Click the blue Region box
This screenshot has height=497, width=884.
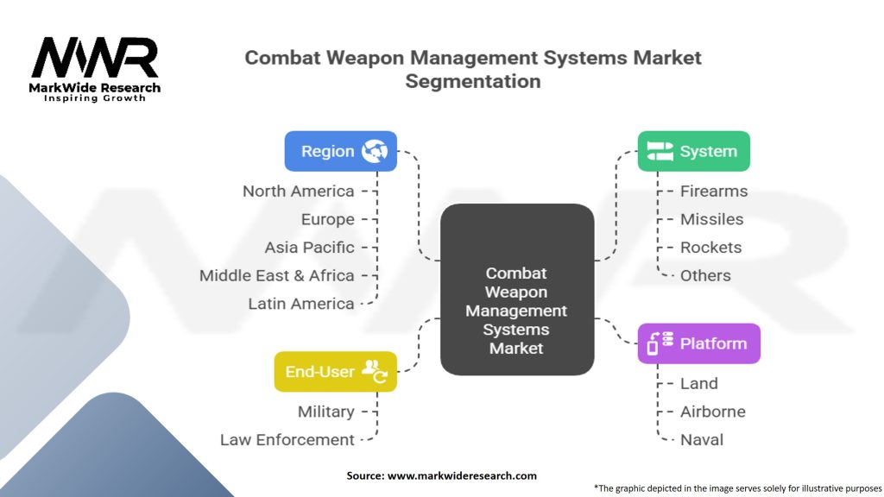tap(340, 151)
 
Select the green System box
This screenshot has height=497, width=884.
tap(693, 151)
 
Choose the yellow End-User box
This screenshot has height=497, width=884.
tap(335, 372)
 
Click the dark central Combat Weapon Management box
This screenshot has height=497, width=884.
tap(516, 289)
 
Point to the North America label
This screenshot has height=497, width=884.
tap(298, 191)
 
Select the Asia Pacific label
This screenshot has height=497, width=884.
tap(309, 248)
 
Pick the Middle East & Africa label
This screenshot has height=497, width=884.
tap(276, 275)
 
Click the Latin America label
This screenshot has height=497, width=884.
tap(300, 304)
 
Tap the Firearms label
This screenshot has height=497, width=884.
tap(713, 191)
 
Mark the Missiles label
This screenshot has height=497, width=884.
tap(711, 219)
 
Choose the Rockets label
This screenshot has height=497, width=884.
tap(710, 248)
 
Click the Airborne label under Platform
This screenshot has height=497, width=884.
tap(712, 412)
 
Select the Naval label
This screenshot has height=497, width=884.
tap(701, 440)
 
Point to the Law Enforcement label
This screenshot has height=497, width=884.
tap(287, 440)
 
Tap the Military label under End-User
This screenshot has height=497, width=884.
tap(325, 412)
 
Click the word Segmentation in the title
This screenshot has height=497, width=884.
tap(473, 82)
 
